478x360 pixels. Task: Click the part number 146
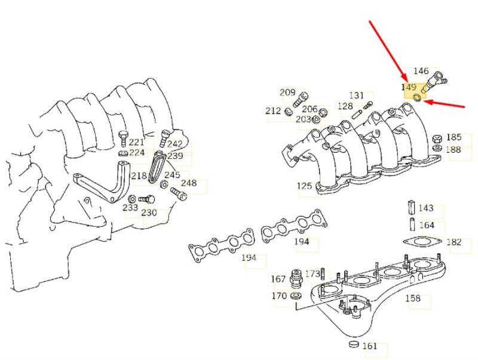pyautogui.click(x=421, y=71)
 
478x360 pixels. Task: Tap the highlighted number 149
pyautogui.click(x=409, y=87)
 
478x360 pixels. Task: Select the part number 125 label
pyautogui.click(x=305, y=186)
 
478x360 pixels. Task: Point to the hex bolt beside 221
pyautogui.click(x=123, y=139)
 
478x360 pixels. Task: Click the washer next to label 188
pyautogui.click(x=437, y=148)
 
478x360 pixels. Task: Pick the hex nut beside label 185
pyautogui.click(x=437, y=139)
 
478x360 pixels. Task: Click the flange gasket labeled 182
pyautogui.click(x=422, y=242)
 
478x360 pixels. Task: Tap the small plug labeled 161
pyautogui.click(x=354, y=344)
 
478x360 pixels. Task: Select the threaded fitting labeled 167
pyautogui.click(x=296, y=278)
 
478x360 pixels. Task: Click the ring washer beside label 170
pyautogui.click(x=296, y=296)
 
